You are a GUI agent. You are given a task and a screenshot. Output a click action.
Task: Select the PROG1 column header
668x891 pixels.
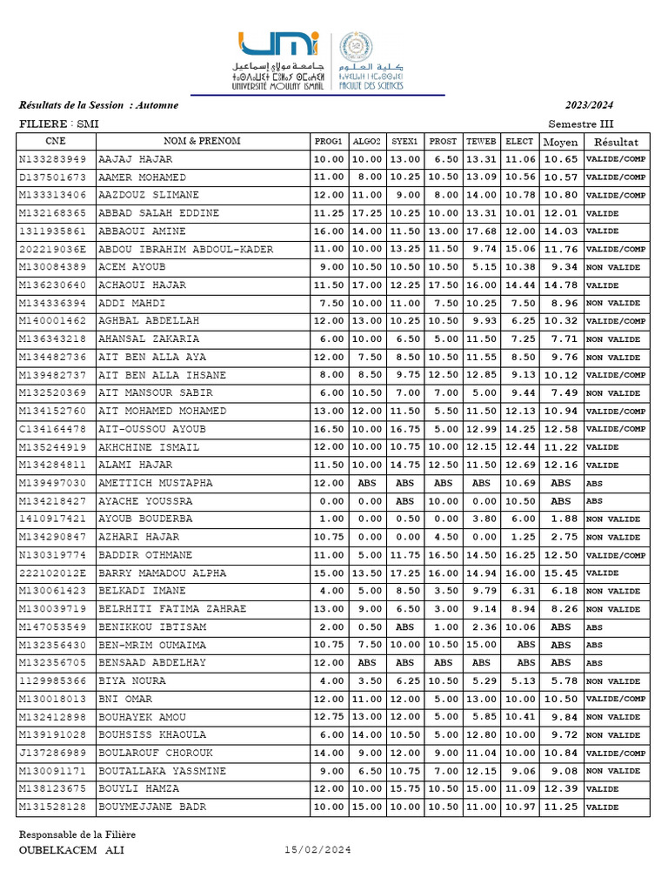[x=328, y=141]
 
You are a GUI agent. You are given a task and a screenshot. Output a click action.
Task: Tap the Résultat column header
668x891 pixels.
[x=616, y=142]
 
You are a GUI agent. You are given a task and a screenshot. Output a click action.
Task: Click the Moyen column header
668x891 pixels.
[x=560, y=142]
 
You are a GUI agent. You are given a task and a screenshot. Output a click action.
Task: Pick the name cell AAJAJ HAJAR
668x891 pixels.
[x=135, y=159]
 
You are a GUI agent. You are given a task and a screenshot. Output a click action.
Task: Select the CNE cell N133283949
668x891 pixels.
[x=53, y=159]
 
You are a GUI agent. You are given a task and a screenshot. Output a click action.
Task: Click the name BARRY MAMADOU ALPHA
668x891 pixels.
[x=162, y=573]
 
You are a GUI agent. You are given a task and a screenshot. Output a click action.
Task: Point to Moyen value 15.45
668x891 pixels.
[x=561, y=573]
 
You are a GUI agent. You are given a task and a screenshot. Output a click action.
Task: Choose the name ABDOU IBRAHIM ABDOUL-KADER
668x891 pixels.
[x=186, y=250]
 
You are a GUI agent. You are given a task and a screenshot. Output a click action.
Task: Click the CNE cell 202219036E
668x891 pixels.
[x=53, y=250]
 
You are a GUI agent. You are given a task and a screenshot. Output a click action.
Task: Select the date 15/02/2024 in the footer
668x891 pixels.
[x=317, y=850]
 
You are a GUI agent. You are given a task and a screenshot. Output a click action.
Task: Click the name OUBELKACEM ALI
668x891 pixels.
[x=71, y=850]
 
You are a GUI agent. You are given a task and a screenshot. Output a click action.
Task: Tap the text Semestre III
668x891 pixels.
[x=581, y=124]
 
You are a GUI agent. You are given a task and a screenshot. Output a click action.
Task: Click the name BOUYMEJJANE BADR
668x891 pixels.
[x=152, y=807]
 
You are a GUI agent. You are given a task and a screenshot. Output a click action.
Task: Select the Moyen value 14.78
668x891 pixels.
[x=561, y=285]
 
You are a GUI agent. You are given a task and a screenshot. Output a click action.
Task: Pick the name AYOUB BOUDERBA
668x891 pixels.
[x=145, y=519]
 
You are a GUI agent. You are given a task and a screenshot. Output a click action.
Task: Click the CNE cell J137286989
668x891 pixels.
[x=53, y=754]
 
